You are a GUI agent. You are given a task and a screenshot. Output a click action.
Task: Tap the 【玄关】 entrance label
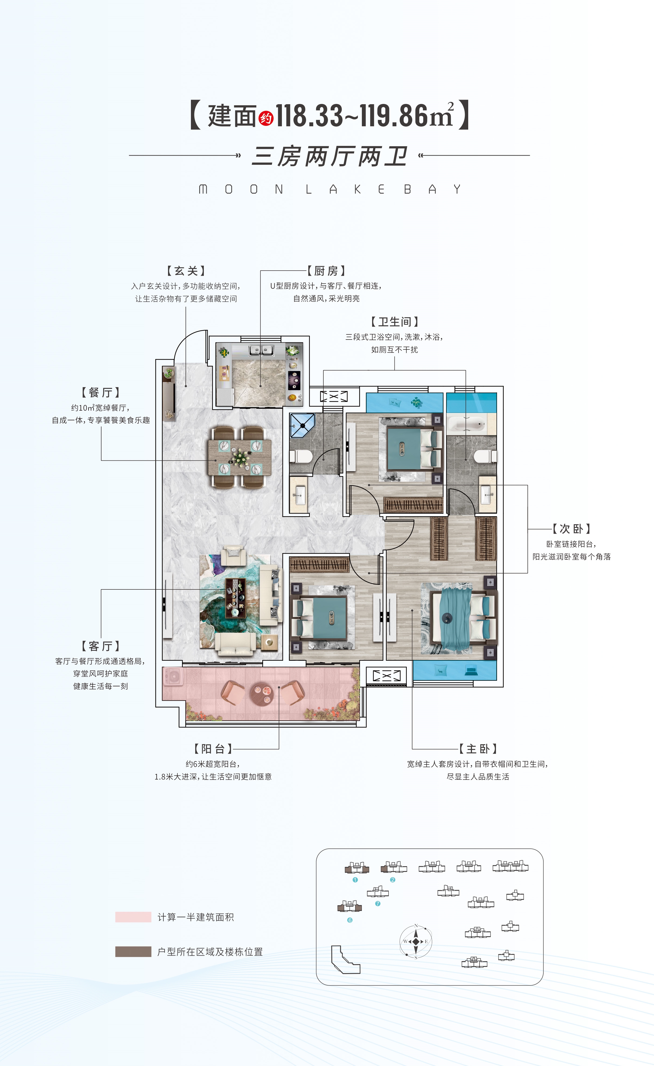click(x=186, y=271)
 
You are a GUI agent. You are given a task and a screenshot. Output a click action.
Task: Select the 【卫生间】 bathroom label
click(x=394, y=321)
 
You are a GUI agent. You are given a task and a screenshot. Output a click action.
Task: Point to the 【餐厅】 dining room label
click(x=101, y=392)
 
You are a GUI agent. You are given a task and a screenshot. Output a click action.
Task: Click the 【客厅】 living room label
click(x=101, y=646)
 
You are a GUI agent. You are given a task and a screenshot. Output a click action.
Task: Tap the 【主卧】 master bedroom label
click(x=478, y=749)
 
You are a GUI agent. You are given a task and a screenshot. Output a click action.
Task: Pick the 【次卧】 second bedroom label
click(x=571, y=529)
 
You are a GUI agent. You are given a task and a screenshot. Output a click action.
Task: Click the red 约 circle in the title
click(x=266, y=118)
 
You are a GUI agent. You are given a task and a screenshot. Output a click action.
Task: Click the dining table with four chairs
click(x=240, y=457)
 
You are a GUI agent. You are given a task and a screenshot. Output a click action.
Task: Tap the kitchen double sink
click(x=261, y=350)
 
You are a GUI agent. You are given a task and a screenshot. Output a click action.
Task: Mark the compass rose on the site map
click(x=416, y=941)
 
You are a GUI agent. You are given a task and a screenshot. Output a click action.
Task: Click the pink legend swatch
click(x=133, y=917)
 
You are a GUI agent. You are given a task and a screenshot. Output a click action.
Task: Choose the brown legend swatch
click(x=133, y=951)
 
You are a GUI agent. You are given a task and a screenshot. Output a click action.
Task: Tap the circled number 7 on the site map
click(x=377, y=903)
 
